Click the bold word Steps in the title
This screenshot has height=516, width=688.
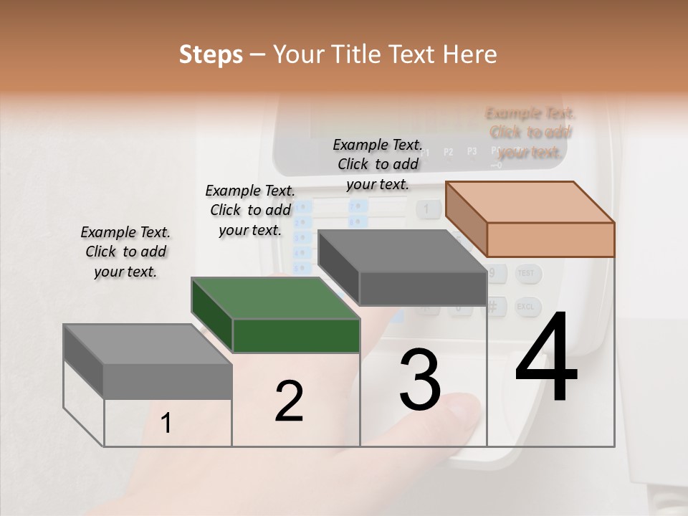point(211,54)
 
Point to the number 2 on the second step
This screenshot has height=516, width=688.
point(289,402)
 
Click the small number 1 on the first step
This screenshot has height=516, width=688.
point(166,424)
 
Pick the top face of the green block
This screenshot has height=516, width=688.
point(275,298)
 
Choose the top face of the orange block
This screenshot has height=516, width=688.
point(529,201)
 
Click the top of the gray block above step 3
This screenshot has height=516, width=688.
point(401,251)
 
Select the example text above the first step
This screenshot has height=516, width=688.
point(125,252)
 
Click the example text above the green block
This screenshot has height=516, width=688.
point(250,210)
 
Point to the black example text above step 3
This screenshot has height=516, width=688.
point(378,164)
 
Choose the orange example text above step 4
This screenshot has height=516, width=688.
point(530,133)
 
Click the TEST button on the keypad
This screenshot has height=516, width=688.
point(526,273)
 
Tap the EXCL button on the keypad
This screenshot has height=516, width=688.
point(526,307)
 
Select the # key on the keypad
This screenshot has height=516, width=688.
point(493,307)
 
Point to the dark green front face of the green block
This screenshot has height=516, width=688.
point(296,336)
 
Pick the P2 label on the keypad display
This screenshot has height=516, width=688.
point(449,152)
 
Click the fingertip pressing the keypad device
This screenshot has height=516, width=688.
point(459,413)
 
